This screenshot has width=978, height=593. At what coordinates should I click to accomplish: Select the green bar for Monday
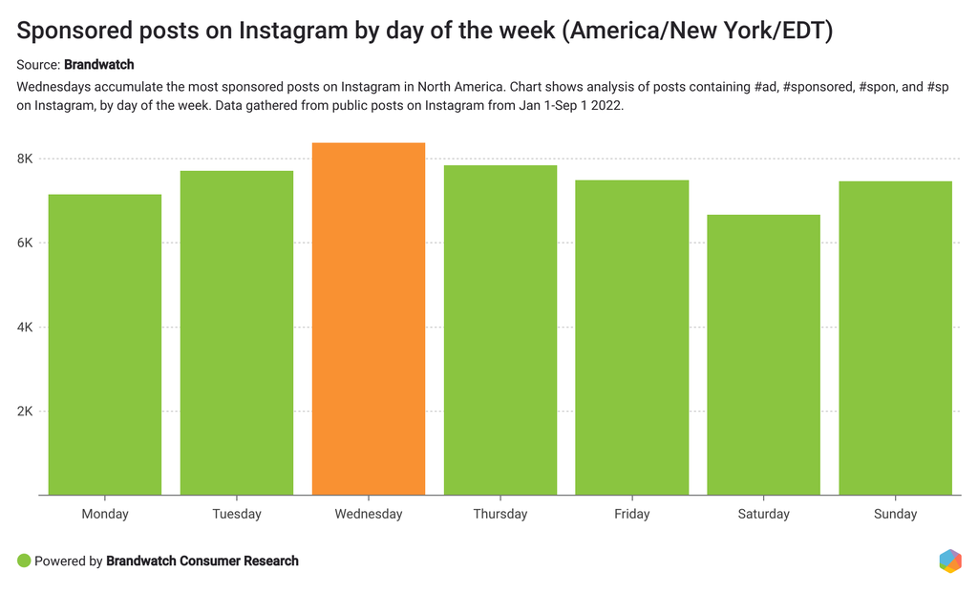(x=105, y=344)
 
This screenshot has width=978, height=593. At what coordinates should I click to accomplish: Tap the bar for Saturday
(x=763, y=354)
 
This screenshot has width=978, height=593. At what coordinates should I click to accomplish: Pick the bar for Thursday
(x=500, y=329)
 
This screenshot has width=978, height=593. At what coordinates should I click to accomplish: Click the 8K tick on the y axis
(x=25, y=159)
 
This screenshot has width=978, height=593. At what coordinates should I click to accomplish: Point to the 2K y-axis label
(x=25, y=412)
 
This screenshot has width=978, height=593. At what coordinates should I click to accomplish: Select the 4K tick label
(x=25, y=328)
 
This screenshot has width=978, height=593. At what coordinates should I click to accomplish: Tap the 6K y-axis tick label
(x=25, y=243)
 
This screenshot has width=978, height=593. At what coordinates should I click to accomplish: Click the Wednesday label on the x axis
(x=368, y=514)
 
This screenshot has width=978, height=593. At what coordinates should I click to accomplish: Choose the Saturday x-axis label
(x=763, y=514)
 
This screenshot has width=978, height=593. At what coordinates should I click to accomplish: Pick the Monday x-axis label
(x=105, y=514)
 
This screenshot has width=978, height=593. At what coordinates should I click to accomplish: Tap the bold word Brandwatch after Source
(x=98, y=65)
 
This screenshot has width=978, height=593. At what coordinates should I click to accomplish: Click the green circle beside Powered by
(x=24, y=561)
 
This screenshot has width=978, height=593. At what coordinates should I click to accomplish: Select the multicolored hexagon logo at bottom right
(x=949, y=561)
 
